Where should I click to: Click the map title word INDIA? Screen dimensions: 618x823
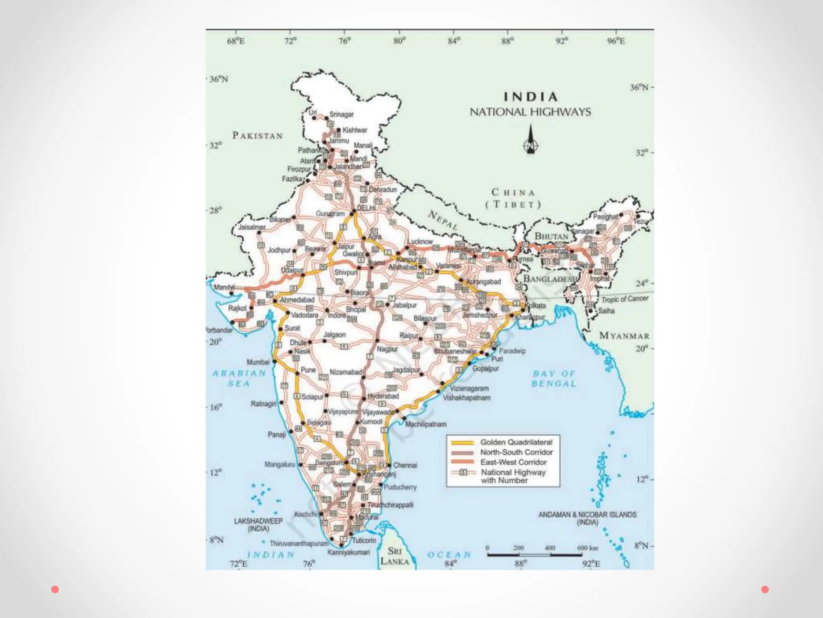coord(530,97)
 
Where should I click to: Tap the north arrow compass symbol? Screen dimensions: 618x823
coord(531,140)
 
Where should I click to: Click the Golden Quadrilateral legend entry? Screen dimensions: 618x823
coord(516,442)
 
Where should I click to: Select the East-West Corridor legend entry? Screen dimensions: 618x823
coord(513,462)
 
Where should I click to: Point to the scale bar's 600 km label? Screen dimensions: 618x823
coord(588,548)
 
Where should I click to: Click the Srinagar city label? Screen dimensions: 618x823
coord(342,115)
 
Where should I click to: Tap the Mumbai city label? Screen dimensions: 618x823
coord(258,362)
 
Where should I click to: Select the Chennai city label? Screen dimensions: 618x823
coord(405,465)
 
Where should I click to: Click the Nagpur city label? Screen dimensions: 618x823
coord(387,349)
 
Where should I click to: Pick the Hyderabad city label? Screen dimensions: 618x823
coord(383,396)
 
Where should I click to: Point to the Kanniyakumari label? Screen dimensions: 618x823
coord(348,552)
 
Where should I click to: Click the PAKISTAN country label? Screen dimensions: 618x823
coord(258,136)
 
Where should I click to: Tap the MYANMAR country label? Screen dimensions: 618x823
coord(624,336)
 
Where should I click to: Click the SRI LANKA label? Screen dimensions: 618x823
coord(395,556)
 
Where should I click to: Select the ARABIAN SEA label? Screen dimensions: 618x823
coord(239,378)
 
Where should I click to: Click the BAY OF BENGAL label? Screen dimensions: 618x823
coord(554,379)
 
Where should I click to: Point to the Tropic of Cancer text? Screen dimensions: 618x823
coord(624,299)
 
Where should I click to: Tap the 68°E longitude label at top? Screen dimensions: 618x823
coord(236,41)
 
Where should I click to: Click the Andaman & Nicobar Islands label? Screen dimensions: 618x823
coord(588,518)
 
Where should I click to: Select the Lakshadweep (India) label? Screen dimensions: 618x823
coord(258,525)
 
